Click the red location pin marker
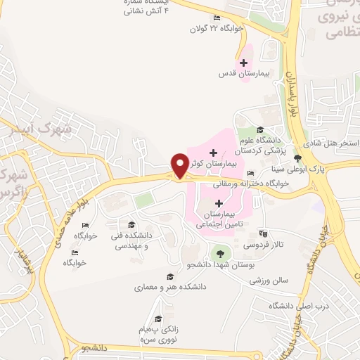point(180,165)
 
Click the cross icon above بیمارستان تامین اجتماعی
point(219,203)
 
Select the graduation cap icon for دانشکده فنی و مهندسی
point(131,224)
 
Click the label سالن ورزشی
point(269,280)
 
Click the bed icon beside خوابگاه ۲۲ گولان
point(217,18)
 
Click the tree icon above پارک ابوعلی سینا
point(298,158)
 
